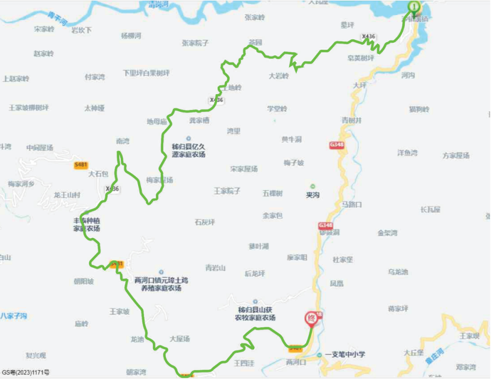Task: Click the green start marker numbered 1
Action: (414, 7)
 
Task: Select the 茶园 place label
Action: (255, 42)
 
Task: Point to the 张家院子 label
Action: (195, 43)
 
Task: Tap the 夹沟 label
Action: (312, 195)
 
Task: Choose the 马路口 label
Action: (351, 204)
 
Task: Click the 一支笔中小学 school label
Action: (345, 354)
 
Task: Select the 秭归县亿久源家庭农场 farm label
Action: (188, 150)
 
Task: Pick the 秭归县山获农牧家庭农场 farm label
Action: (255, 314)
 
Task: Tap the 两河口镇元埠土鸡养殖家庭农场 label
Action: (161, 284)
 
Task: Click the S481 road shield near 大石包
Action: (81, 165)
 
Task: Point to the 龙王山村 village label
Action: (67, 195)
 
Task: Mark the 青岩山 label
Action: (215, 268)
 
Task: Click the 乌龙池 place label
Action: (398, 272)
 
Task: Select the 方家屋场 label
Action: (456, 155)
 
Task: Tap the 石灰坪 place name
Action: (204, 222)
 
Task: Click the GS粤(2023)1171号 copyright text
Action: (26, 373)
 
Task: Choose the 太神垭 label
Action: (94, 108)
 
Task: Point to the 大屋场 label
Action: (179, 339)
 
